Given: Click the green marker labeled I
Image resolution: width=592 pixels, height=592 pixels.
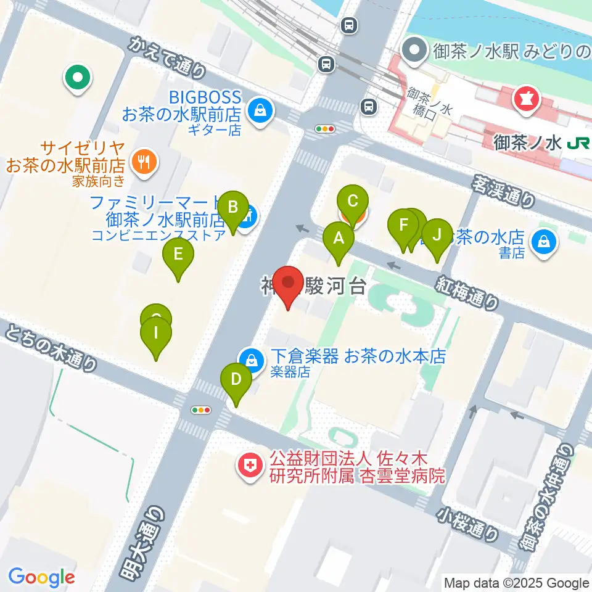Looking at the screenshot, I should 156,335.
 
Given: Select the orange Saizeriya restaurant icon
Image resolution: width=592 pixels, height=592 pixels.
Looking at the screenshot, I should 145,162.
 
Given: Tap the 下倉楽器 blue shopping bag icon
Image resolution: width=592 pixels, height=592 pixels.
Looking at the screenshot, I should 252,358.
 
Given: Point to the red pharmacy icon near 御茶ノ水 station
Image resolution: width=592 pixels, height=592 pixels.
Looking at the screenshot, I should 527,99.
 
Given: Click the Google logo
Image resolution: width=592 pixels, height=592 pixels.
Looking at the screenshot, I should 41,577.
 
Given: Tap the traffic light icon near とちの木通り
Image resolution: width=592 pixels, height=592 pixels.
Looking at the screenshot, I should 202,410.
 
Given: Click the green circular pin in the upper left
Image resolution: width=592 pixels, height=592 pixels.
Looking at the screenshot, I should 78,78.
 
